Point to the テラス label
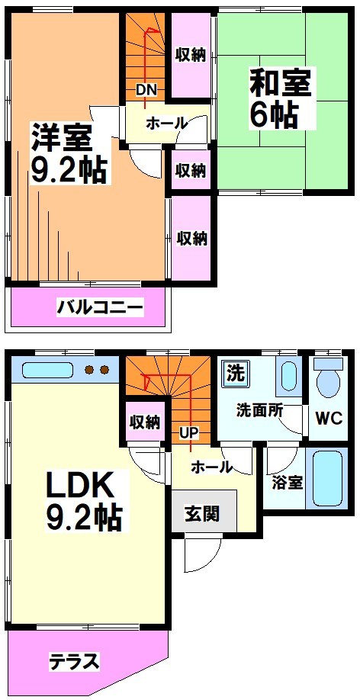(x=75, y=661)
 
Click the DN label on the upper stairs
(x=146, y=90)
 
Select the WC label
(x=329, y=419)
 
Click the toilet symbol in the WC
(x=329, y=377)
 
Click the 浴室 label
(x=287, y=482)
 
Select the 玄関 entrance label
(x=202, y=513)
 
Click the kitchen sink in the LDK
(x=47, y=371)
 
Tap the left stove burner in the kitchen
(x=87, y=371)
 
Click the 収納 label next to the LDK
(x=144, y=422)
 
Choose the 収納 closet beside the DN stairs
(x=191, y=54)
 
